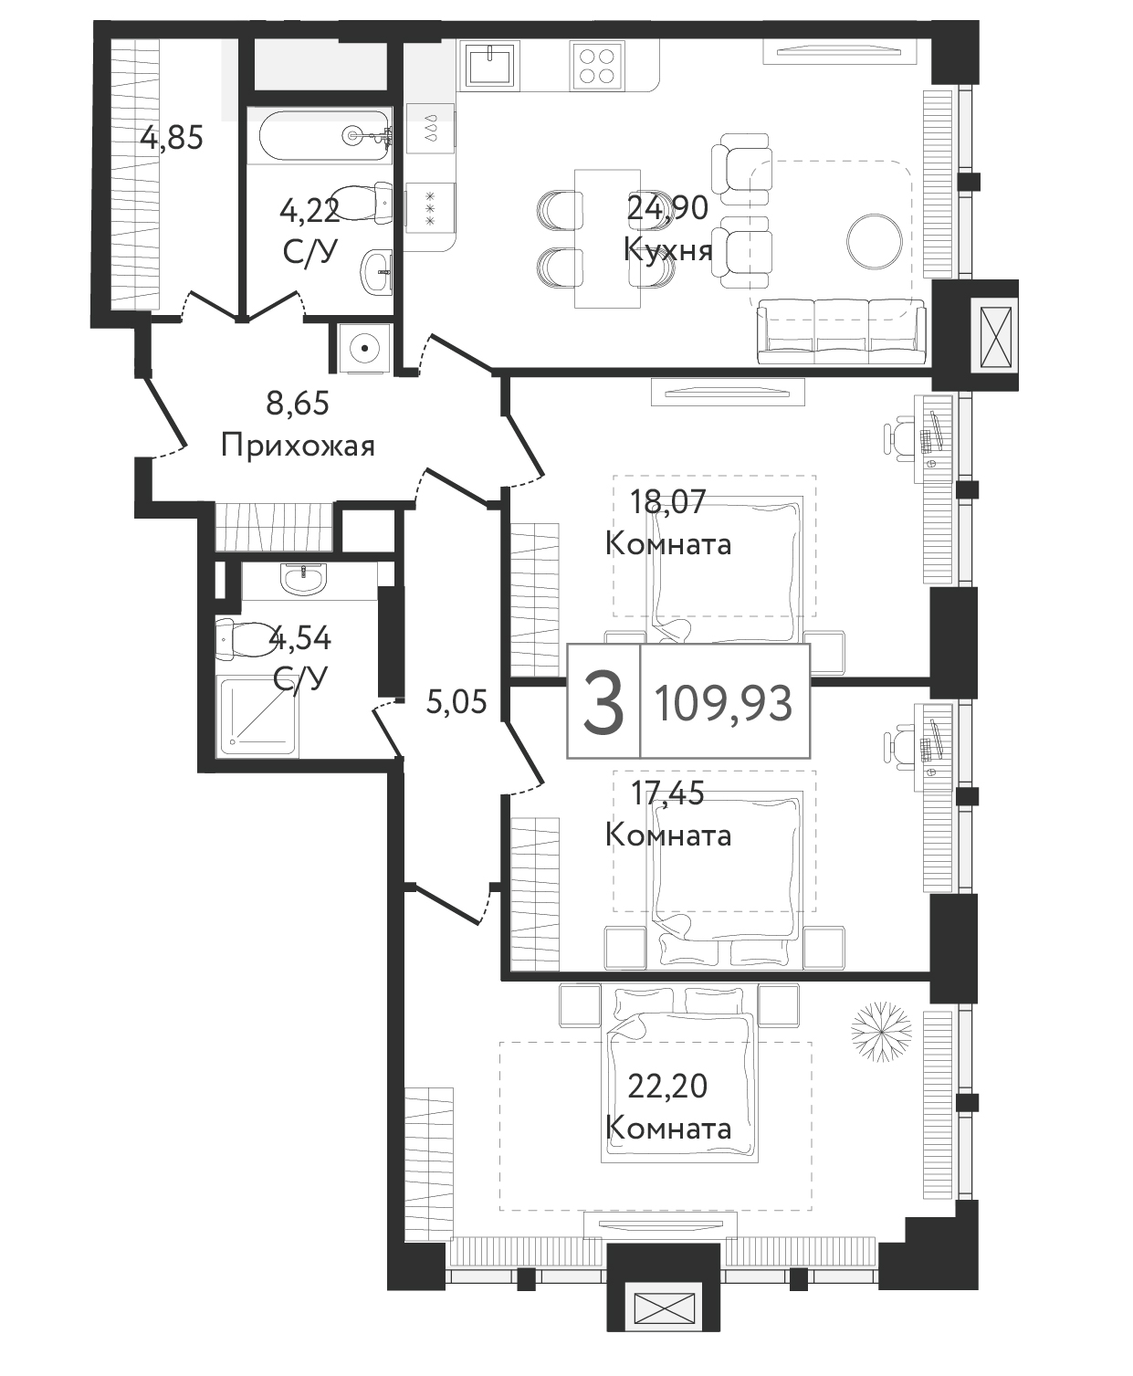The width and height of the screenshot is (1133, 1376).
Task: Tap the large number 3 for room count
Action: (x=603, y=702)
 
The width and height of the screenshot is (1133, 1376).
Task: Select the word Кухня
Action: (x=667, y=250)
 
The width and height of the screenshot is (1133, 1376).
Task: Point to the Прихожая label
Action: (x=298, y=446)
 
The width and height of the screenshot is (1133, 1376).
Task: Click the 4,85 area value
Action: (x=172, y=139)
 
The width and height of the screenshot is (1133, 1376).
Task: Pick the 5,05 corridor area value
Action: (x=456, y=702)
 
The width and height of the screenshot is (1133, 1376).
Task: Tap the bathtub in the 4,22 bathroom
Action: (x=326, y=136)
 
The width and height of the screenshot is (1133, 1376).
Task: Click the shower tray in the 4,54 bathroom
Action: (x=258, y=717)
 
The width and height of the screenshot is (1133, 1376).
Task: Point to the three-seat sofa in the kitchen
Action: (x=841, y=331)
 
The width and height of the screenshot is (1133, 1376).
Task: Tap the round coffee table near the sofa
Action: (x=874, y=241)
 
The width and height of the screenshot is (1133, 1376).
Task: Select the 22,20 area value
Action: (x=667, y=1087)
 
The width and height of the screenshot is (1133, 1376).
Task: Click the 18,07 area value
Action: (x=667, y=501)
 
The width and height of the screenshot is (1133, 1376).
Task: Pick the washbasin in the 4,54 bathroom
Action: (x=303, y=579)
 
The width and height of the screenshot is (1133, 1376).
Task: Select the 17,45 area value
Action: (x=667, y=794)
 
